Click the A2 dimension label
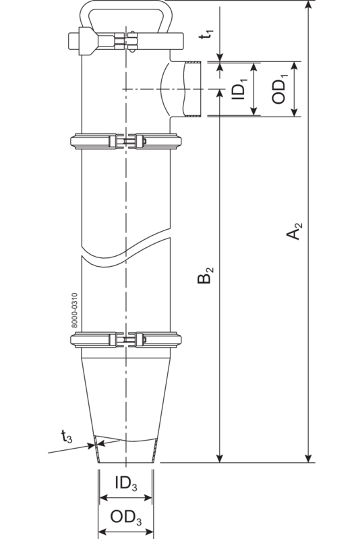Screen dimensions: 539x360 (x=295, y=234)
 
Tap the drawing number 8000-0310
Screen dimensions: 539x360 (x=75, y=310)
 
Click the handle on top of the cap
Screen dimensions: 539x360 (x=125, y=11)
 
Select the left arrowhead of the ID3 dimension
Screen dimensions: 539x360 (x=103, y=499)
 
